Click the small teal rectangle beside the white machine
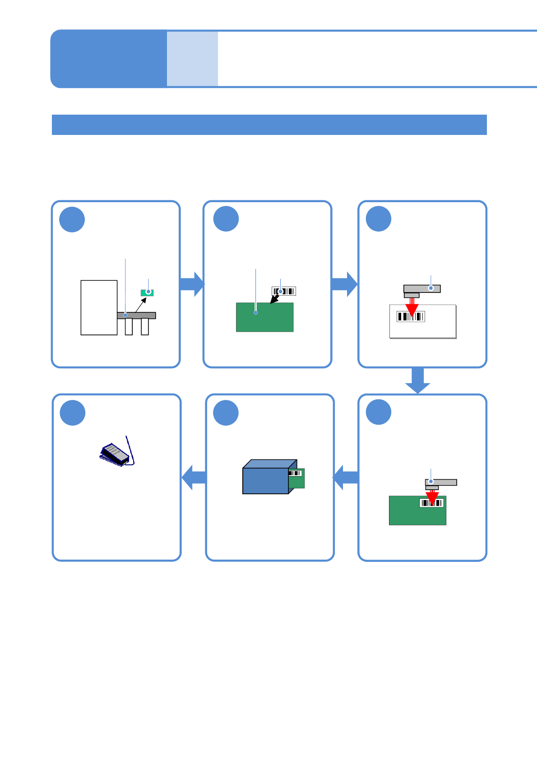point(147,292)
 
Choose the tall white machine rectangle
point(99,307)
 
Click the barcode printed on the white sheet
point(411,316)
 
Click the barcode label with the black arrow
point(284,291)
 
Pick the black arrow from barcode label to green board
point(274,300)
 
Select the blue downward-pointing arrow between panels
point(417,380)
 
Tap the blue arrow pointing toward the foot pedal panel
point(194,477)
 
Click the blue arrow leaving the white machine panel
point(192,284)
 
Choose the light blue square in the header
point(192,59)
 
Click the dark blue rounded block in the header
point(108,59)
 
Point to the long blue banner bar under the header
point(269,125)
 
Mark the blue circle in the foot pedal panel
point(73,412)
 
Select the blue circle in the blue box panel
point(226,412)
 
